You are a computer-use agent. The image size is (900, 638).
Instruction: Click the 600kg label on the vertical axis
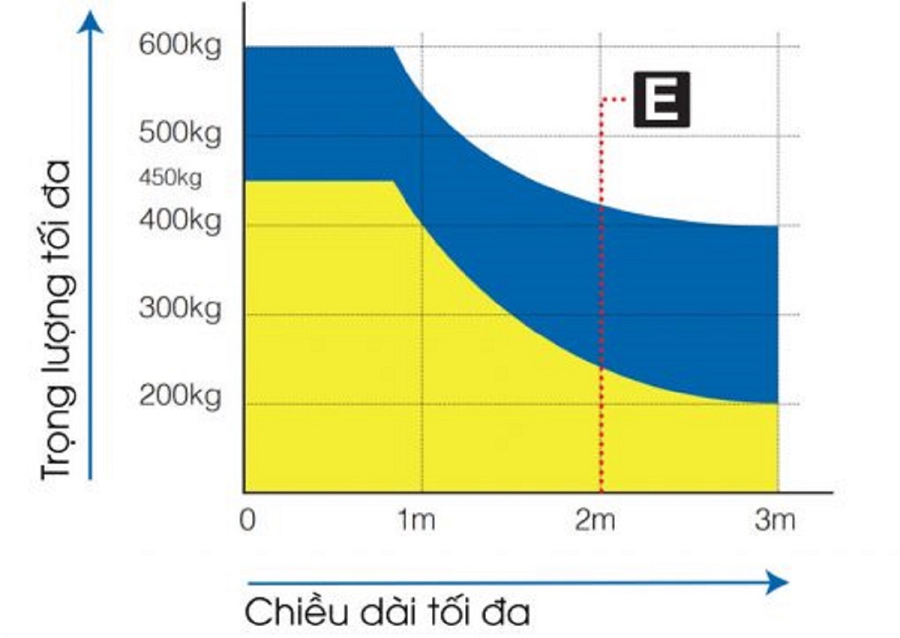(x=180, y=46)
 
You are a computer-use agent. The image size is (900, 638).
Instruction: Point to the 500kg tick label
(x=180, y=135)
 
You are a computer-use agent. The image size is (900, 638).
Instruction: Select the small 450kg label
(x=170, y=179)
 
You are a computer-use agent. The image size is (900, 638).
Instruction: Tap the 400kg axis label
(x=180, y=223)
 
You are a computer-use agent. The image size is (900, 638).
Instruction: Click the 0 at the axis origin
(x=248, y=520)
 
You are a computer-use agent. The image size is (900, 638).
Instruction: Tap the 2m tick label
(x=595, y=520)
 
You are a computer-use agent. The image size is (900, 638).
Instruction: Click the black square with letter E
(x=661, y=99)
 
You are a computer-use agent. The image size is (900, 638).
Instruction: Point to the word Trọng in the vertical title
(x=60, y=442)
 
